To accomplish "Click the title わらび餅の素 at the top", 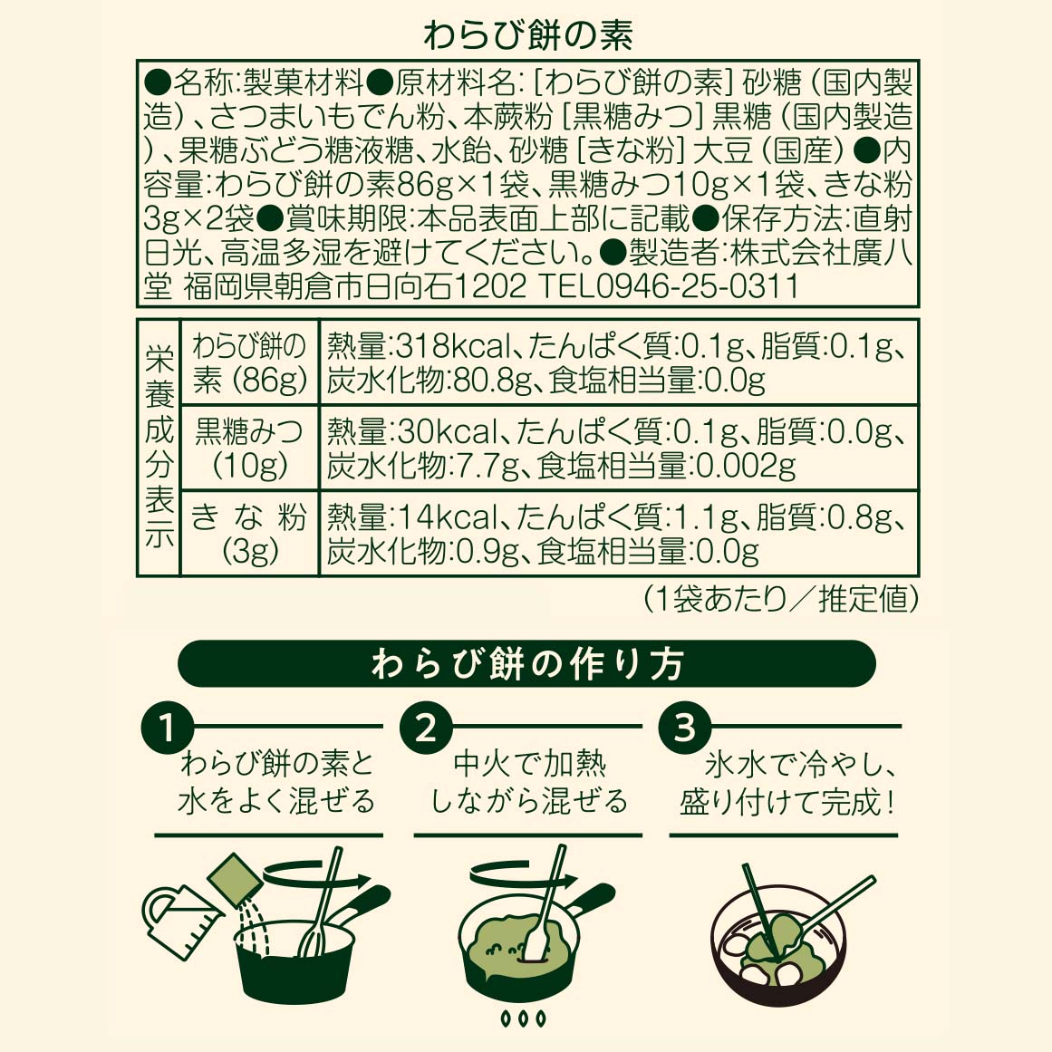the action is point(528,36).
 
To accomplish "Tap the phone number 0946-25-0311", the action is point(697,286).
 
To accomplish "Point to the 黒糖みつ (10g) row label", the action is point(249,448).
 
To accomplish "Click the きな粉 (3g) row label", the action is point(249,534).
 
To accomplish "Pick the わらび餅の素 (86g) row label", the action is point(249,362).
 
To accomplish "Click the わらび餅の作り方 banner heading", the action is point(527,663).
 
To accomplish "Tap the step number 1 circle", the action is point(168,728).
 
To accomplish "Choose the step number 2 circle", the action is point(426,728).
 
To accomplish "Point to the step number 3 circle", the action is point(684,728).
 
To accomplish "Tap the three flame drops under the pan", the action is point(524,1019).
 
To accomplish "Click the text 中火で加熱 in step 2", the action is point(528,764).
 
